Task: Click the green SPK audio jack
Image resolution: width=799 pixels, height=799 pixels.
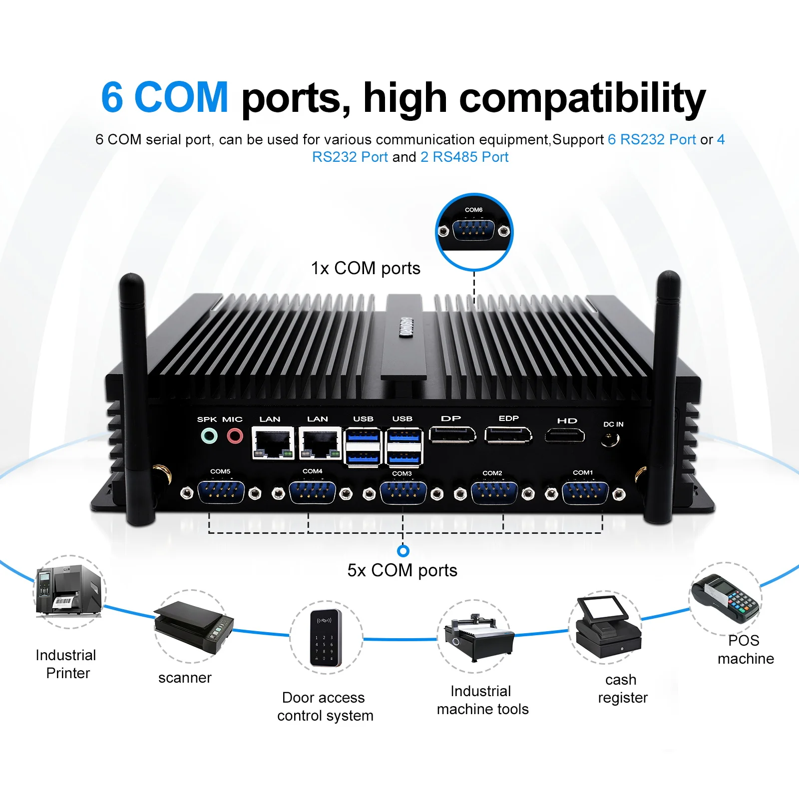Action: tap(209, 436)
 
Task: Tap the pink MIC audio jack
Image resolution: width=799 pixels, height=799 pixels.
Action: tap(235, 436)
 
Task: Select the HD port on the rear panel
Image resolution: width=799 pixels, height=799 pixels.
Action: tap(564, 436)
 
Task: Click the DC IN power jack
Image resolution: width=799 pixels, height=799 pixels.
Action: tap(610, 440)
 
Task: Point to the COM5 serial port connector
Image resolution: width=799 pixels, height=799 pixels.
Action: tap(221, 493)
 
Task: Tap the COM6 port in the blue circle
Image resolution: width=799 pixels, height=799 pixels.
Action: tap(473, 230)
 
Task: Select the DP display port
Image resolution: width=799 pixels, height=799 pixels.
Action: tap(452, 434)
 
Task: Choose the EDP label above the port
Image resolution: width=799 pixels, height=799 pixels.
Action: tap(508, 418)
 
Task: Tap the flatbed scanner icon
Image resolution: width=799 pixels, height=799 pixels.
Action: tap(193, 626)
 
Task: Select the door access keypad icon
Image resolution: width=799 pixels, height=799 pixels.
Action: tap(326, 637)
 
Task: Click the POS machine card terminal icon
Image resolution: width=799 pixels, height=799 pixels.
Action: tap(727, 598)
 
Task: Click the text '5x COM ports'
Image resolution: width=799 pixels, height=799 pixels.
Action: tap(402, 570)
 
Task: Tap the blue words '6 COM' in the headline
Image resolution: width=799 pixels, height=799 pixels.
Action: tap(165, 97)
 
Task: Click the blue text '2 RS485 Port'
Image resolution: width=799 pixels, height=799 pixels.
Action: tap(464, 157)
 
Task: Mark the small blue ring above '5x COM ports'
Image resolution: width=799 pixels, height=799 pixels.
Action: tap(403, 551)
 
